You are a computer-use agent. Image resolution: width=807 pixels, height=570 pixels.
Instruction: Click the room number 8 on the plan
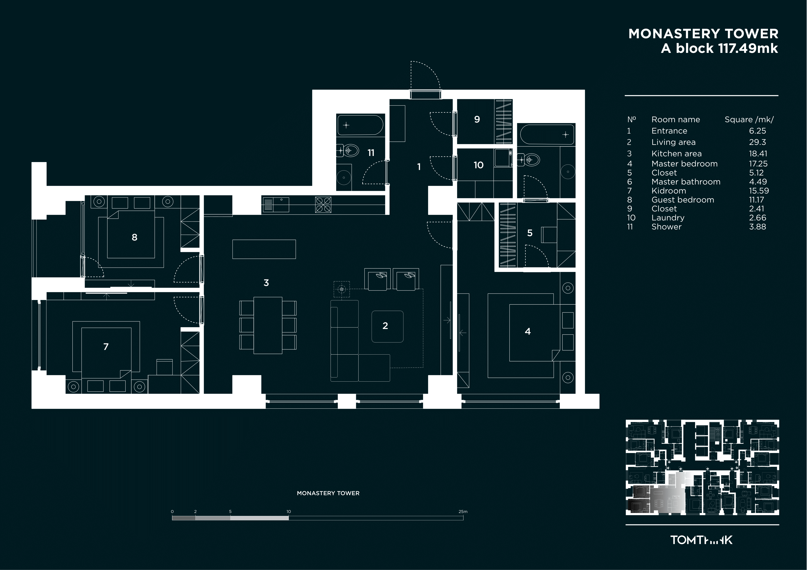coord(134,237)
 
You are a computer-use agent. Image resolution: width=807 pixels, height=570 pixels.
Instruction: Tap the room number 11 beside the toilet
coord(371,153)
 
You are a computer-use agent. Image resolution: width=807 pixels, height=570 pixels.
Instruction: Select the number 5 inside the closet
coord(530,233)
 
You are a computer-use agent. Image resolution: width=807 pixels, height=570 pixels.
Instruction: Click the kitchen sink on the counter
coord(276,205)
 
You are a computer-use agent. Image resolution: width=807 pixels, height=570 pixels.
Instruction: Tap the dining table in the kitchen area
coord(268,325)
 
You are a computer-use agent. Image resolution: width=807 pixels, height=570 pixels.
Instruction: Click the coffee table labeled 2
coord(387,327)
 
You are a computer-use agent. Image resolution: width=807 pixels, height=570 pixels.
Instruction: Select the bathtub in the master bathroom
coord(547,134)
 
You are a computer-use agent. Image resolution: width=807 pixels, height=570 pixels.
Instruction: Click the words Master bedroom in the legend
coord(684,164)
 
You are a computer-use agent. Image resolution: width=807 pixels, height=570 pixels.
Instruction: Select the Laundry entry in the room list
coord(668,218)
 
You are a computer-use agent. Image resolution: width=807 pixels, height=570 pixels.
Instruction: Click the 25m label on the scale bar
coord(463,512)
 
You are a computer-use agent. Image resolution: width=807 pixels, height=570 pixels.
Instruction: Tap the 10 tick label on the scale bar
coord(289,512)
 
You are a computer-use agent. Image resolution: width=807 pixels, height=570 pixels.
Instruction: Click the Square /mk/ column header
coord(749,120)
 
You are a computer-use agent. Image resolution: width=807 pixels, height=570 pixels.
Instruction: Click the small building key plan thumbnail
coord(702,467)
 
